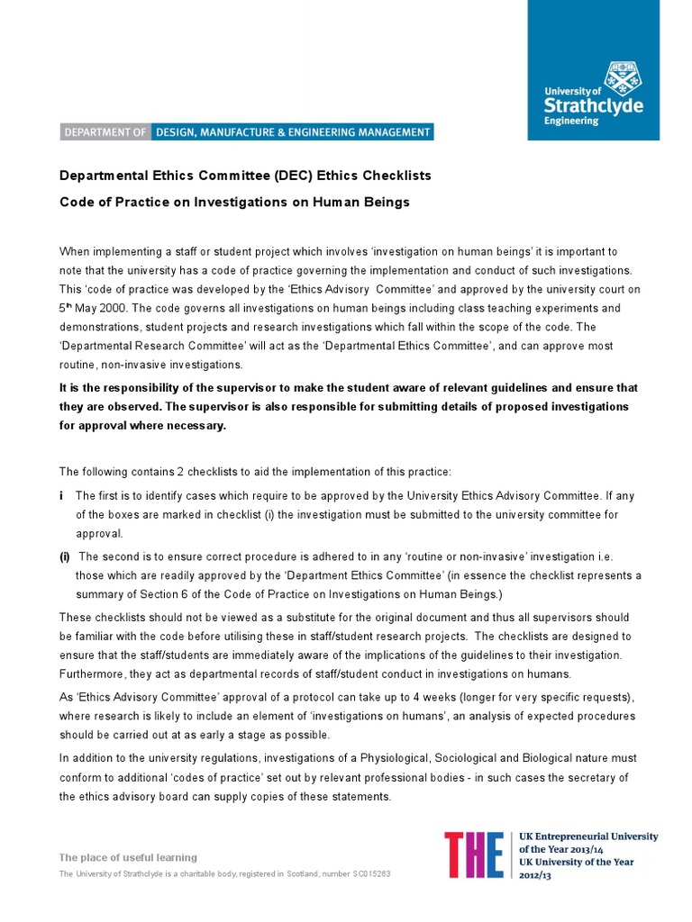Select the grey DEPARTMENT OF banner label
click(x=105, y=132)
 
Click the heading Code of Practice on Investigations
click(x=234, y=202)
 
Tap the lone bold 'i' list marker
click(x=61, y=495)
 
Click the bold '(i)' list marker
click(x=65, y=556)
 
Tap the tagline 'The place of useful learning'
click(x=128, y=857)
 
